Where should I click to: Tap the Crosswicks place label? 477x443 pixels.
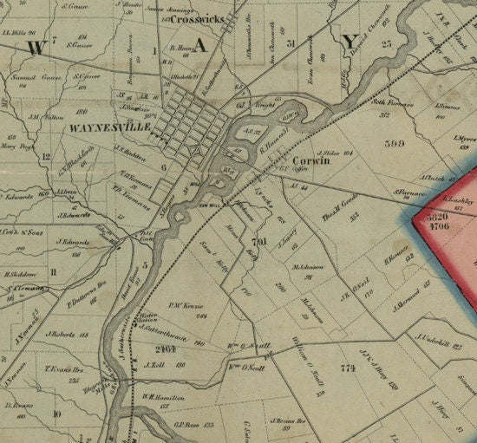tap(197, 17)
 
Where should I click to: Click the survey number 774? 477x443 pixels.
tap(350, 368)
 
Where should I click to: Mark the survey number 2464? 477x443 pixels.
tap(165, 349)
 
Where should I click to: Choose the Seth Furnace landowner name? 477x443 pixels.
tap(389, 102)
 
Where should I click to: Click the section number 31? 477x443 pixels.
tap(291, 42)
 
